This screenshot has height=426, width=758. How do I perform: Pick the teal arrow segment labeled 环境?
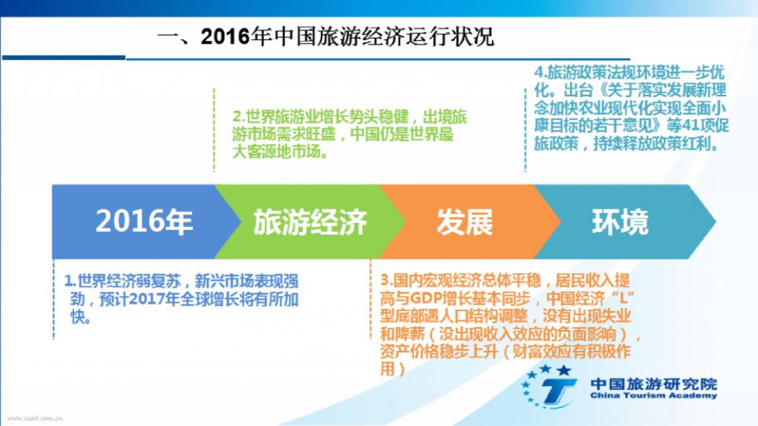(622, 222)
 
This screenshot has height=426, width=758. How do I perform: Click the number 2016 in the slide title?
(225, 37)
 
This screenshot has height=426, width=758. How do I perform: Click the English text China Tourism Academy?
(654, 396)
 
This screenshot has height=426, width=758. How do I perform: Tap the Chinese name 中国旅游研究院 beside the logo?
(654, 384)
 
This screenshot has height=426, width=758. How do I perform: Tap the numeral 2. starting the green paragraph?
(239, 117)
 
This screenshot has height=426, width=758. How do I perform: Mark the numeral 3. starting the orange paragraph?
(387, 280)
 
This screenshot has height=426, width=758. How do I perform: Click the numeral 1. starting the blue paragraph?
(70, 281)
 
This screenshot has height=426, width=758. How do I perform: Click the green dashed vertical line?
(214, 130)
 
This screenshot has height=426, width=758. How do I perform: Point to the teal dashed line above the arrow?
(525, 130)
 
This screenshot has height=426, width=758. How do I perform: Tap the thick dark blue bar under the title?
(63, 57)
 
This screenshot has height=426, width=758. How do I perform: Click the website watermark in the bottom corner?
(35, 418)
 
